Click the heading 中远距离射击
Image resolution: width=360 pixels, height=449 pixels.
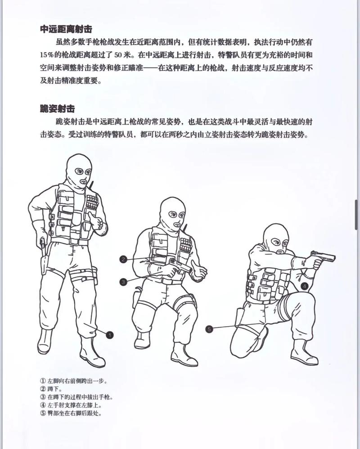[x=66, y=29]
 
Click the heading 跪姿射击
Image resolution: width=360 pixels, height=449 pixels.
[x=57, y=108]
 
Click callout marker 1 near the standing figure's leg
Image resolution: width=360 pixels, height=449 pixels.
[x=110, y=334]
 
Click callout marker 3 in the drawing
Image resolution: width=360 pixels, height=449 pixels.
[x=123, y=282]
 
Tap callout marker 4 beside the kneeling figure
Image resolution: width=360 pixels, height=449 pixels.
[x=304, y=285]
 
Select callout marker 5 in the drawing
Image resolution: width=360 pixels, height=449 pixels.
[x=209, y=329]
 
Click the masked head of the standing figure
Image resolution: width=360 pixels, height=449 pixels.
[x=78, y=171]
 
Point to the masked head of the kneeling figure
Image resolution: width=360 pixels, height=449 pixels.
[x=275, y=239]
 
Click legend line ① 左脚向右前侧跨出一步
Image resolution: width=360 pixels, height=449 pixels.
[x=74, y=381]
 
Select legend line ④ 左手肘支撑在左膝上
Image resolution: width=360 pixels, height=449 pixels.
[x=74, y=405]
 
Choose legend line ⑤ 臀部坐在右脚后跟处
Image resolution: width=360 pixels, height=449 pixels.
[x=74, y=413]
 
